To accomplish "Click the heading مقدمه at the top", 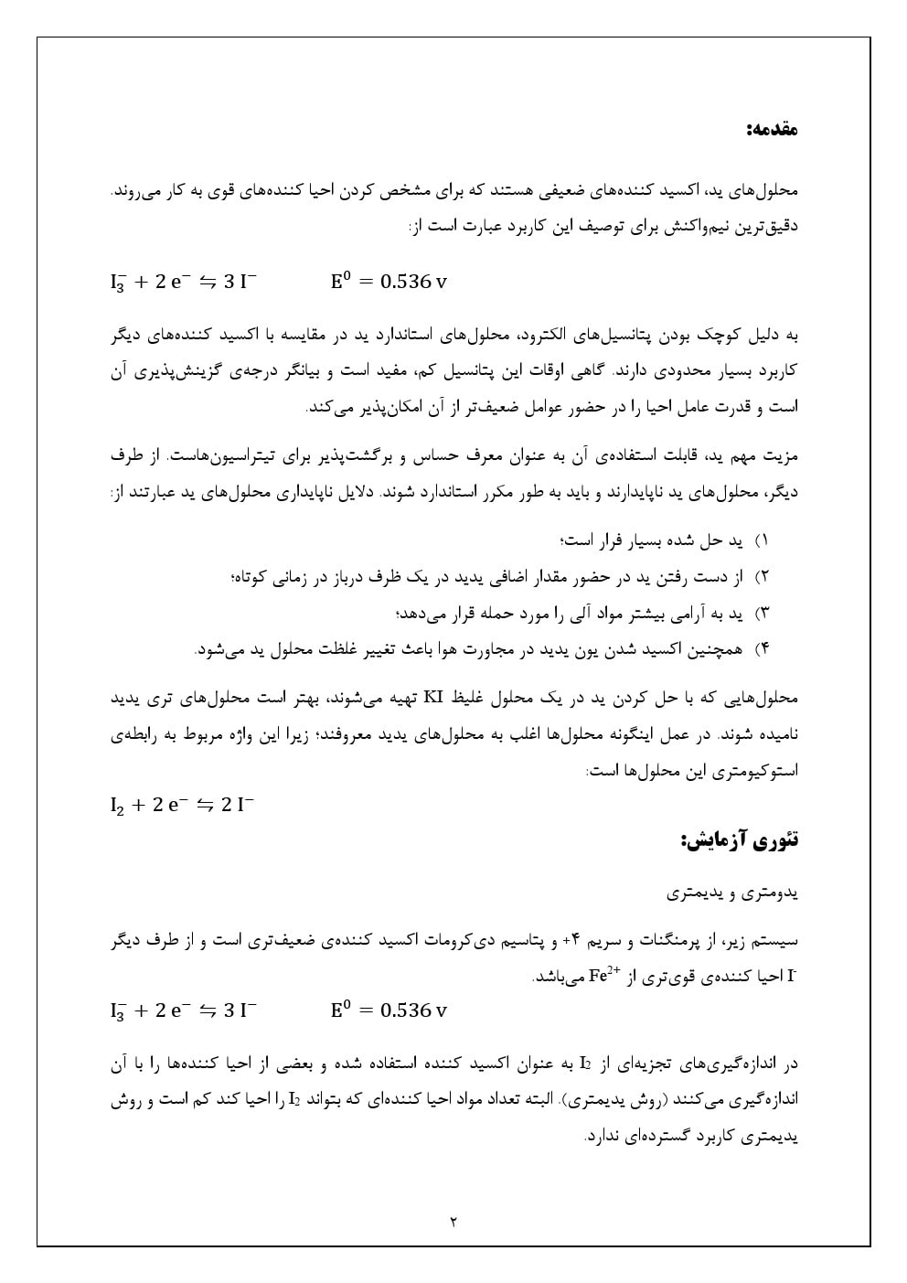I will pyautogui.click(x=774, y=129).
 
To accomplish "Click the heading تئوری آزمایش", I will pyautogui.click(x=740, y=839).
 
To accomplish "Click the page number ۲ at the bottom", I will pyautogui.click(x=453, y=1221).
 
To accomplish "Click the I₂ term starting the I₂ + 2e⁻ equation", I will pyautogui.click(x=117, y=806).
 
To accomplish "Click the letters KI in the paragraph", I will pyautogui.click(x=432, y=698).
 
